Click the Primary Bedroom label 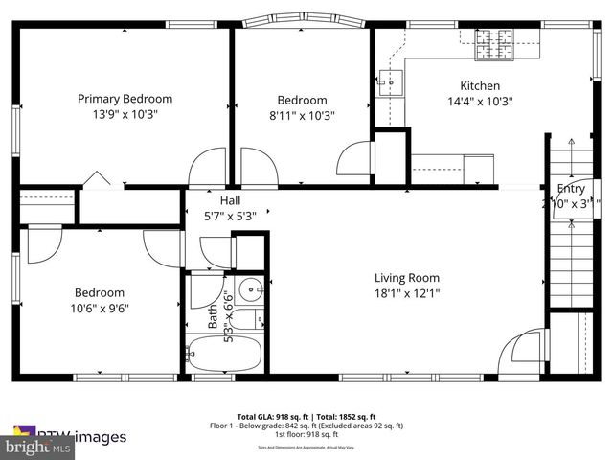pyautogui.click(x=125, y=99)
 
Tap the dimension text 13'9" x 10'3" pyautogui.click(x=125, y=114)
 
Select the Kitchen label pyautogui.click(x=480, y=85)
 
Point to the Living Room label pyautogui.click(x=407, y=278)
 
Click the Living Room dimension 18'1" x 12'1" pyautogui.click(x=407, y=293)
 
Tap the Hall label pyautogui.click(x=230, y=199)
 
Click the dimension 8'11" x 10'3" pyautogui.click(x=302, y=115)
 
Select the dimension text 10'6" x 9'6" pyautogui.click(x=99, y=309)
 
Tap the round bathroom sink pyautogui.click(x=251, y=288)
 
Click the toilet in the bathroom pyautogui.click(x=245, y=320)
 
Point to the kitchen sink pyautogui.click(x=389, y=82)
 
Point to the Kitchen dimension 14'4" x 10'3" pyautogui.click(x=480, y=102)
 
